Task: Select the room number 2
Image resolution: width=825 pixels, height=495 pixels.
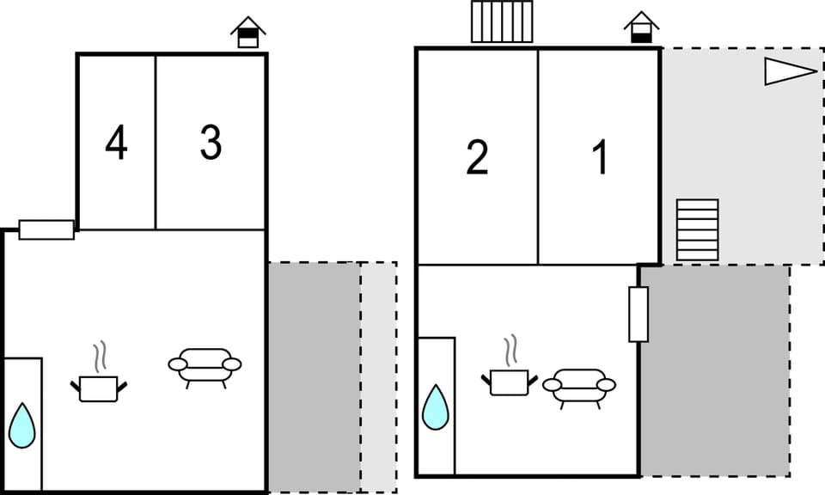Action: [477, 157]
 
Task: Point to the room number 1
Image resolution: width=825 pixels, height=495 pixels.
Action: [600, 157]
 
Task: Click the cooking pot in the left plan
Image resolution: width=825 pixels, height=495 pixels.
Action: [98, 388]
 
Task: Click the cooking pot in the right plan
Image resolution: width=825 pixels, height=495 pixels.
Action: [509, 382]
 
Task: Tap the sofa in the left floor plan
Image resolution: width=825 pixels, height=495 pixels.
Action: [205, 367]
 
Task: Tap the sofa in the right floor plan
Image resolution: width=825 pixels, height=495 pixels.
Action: [579, 387]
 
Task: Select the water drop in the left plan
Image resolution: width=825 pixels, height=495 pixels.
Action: [22, 425]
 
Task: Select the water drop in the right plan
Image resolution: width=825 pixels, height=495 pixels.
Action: [436, 407]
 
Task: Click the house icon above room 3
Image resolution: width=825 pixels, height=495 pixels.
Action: [248, 33]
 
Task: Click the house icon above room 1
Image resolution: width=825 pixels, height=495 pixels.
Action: [641, 27]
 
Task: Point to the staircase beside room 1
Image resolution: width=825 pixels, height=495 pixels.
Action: [697, 229]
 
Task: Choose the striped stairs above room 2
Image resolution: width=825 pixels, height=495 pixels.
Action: [502, 21]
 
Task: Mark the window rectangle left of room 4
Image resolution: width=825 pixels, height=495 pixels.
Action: [46, 229]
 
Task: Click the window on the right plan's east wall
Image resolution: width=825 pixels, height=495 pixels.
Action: [639, 314]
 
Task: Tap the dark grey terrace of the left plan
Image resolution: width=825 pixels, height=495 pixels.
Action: [314, 376]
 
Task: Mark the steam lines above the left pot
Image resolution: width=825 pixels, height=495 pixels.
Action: [99, 357]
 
